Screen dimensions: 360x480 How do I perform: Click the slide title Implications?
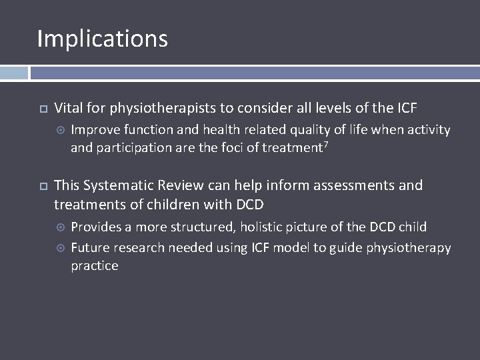pos(102,39)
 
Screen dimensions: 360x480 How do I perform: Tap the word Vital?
pos(68,107)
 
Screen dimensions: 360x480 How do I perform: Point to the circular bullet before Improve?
pos(59,130)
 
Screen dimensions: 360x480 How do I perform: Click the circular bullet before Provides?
pos(59,227)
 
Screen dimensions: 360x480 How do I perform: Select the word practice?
pos(95,266)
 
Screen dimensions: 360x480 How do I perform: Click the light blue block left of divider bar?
pos(14,73)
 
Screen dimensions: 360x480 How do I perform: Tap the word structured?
pos(203,227)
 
